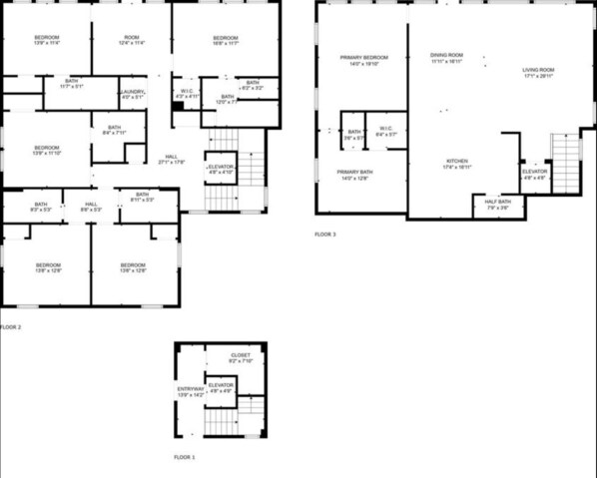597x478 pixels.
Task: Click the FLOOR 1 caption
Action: [x=185, y=457]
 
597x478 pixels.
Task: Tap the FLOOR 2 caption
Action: [x=11, y=326]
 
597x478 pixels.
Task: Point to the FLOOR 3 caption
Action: [x=325, y=235]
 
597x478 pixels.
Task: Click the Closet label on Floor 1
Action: [x=241, y=357]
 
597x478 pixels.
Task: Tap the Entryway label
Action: [x=190, y=391]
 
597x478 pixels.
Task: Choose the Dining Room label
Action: [x=446, y=58]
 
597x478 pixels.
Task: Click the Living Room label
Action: [x=539, y=73]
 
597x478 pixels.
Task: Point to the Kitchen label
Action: [x=457, y=164]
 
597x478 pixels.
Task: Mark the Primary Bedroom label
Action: [x=362, y=60]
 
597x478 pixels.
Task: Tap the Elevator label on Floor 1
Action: [x=221, y=387]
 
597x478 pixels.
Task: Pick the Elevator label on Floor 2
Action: [x=221, y=169]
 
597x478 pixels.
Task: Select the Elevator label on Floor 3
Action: [x=534, y=175]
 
